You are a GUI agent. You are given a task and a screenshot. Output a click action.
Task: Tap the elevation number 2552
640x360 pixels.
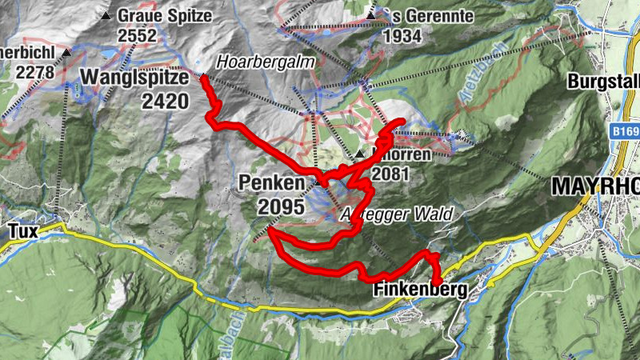pos(137,36)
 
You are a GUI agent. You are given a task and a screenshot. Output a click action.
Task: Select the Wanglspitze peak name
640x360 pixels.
pos(134,78)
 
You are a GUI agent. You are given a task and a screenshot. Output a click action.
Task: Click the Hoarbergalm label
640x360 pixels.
pos(255,62)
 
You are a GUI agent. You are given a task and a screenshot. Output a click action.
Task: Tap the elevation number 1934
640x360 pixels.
pos(402,36)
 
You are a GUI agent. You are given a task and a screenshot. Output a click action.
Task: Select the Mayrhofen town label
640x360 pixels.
pos(595,186)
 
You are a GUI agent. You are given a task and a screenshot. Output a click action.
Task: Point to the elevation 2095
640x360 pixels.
pos(281,206)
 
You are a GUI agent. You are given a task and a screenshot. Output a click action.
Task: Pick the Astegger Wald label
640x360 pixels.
pos(397,214)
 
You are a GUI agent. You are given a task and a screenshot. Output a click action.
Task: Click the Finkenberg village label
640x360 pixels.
pos(419,292)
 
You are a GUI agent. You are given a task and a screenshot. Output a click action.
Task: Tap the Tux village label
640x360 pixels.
pos(23,230)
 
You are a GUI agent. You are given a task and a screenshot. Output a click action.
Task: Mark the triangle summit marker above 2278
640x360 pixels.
pos(67,53)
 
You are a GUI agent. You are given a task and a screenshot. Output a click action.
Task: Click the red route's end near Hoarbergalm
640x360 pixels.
pos(203,78)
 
